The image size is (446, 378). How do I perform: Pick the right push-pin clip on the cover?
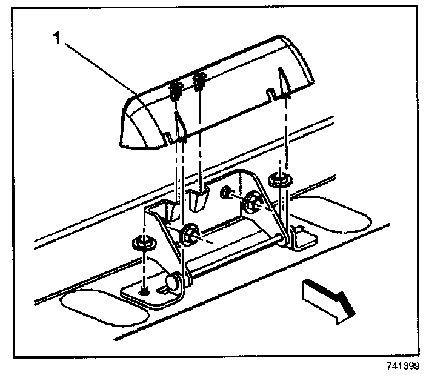pos(198,81)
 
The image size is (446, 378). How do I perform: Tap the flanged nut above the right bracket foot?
pos(279,180)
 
